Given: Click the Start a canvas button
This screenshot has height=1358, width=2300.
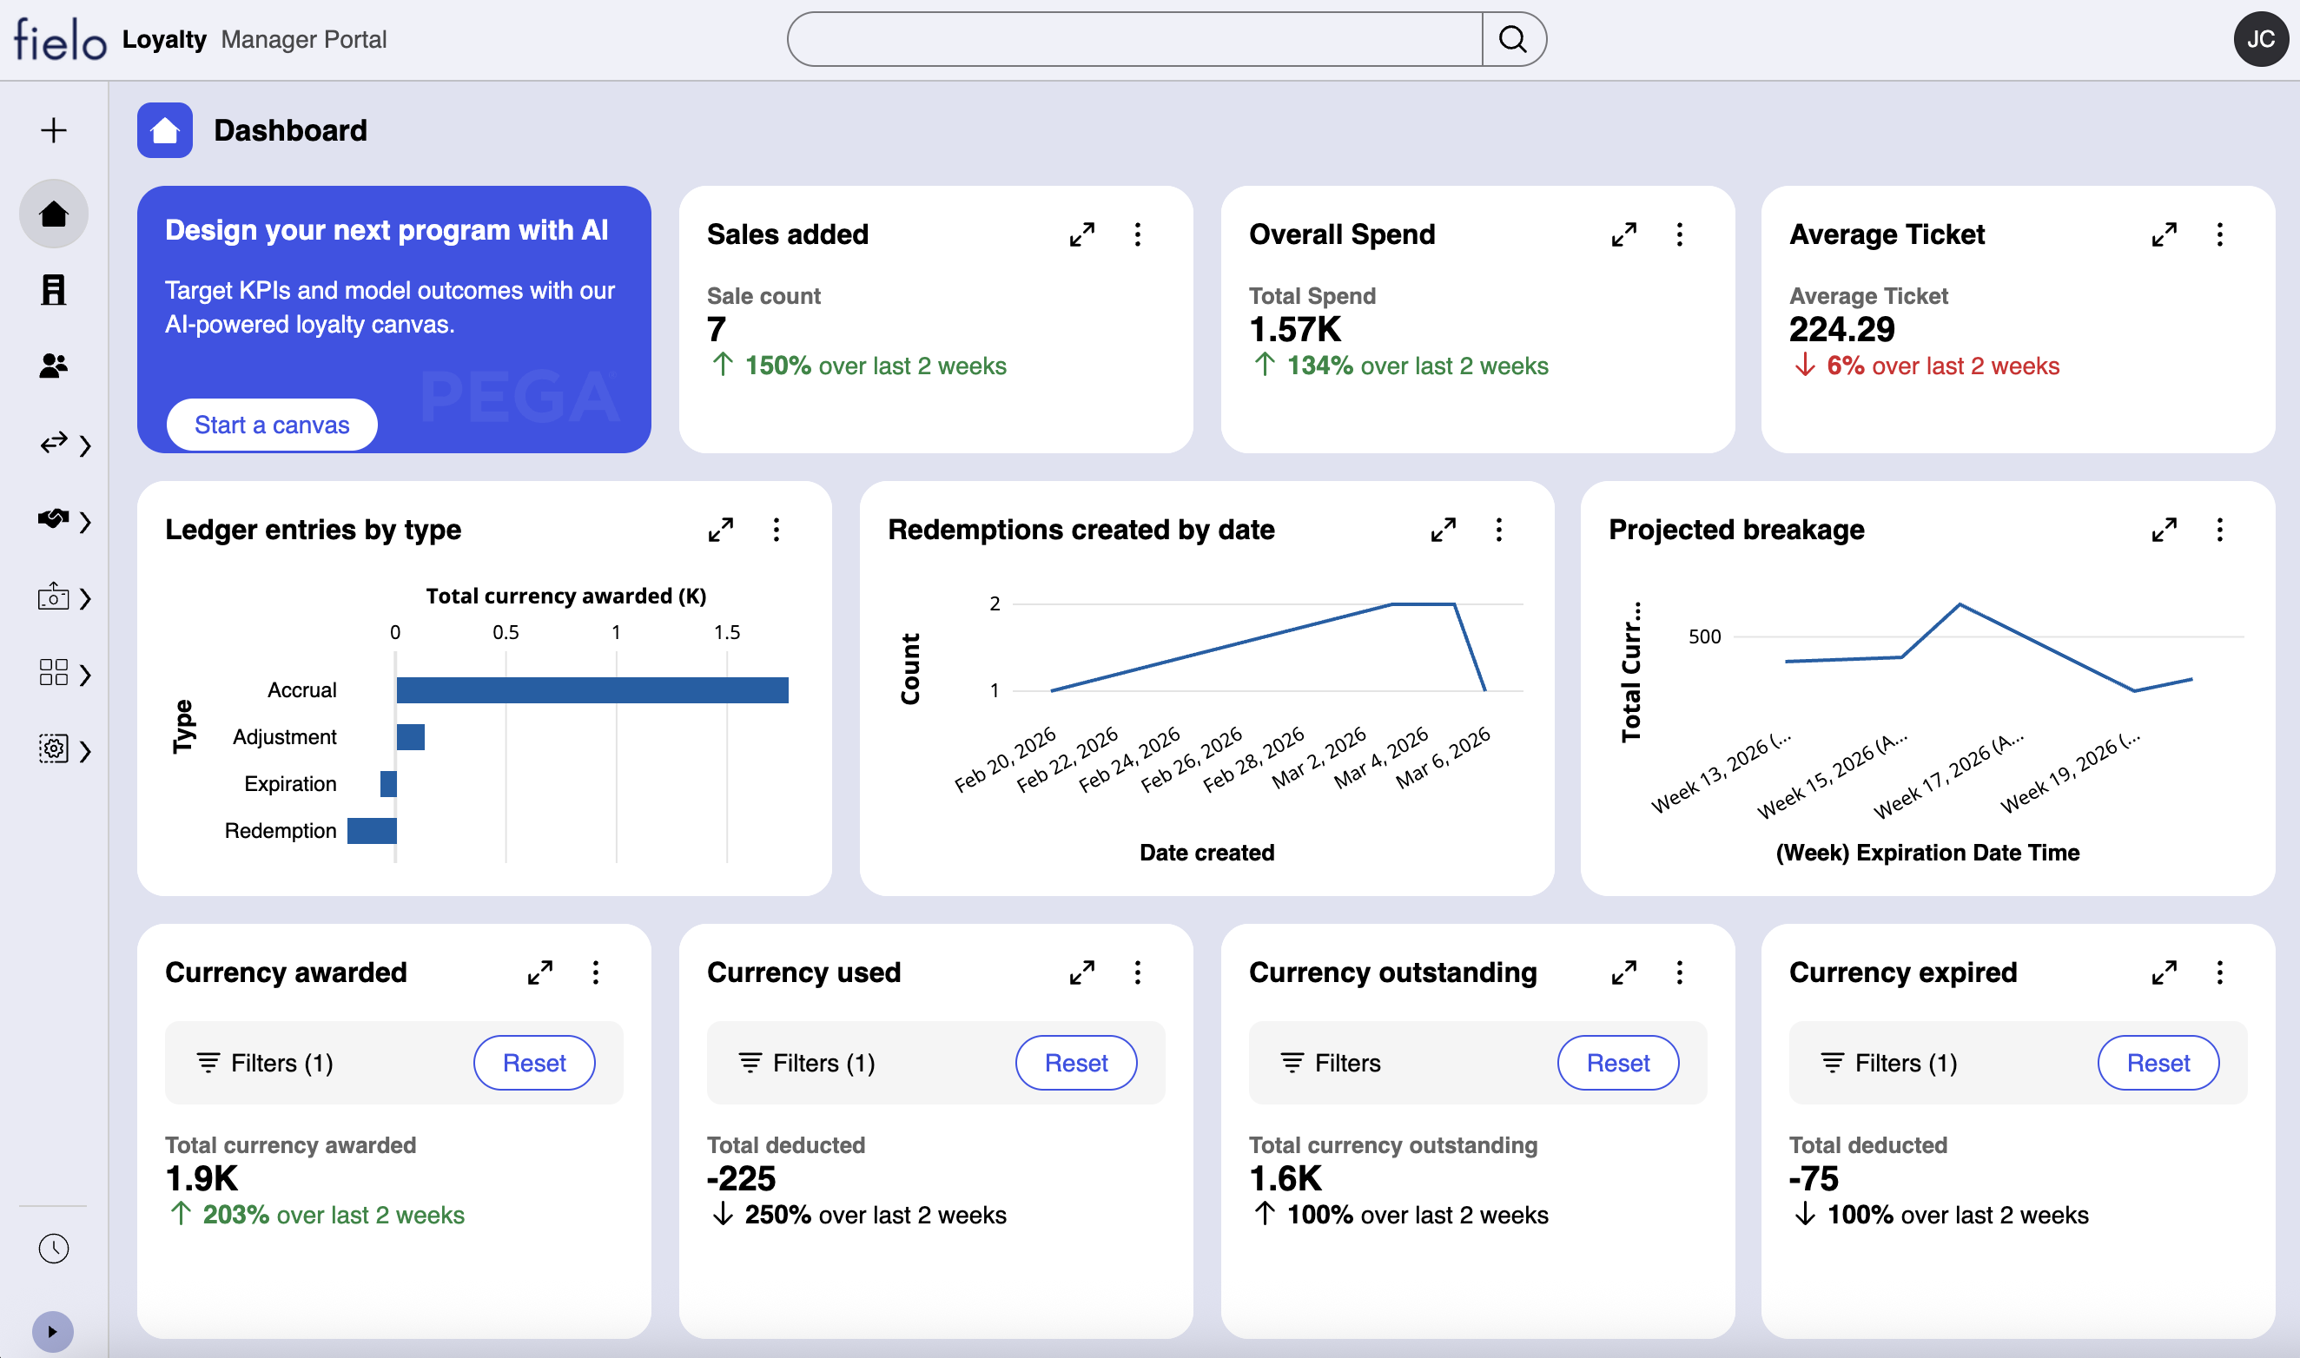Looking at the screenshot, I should coord(272,425).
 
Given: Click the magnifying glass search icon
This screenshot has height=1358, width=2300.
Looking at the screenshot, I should coord(1512,39).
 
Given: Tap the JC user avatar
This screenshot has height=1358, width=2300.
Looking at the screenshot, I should coord(2260,39).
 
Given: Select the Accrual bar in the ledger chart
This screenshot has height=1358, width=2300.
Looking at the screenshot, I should coord(592,690).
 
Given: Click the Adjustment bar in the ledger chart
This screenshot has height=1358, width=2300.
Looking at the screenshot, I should coord(411,736).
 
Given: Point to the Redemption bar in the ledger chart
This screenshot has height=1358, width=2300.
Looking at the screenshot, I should coord(372,831).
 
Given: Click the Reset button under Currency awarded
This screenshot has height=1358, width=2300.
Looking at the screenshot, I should coord(533,1063).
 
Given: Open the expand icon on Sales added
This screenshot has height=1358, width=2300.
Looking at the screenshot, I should coord(1081,235).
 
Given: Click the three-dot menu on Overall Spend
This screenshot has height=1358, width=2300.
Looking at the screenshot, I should coord(1680,235).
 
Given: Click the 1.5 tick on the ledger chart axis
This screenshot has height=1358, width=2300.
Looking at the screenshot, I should coord(727,632).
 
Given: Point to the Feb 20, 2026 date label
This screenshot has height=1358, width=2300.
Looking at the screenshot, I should coord(1005,761).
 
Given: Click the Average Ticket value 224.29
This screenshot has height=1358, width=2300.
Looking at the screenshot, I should coord(1841,329).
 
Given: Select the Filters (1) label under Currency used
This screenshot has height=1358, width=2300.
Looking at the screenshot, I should coord(823,1063).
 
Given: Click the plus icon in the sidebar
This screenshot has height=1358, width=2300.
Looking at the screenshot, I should coord(54,130).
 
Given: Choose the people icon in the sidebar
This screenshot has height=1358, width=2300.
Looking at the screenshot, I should coord(54,366).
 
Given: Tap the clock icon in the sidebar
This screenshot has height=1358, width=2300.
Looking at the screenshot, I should coord(54,1249).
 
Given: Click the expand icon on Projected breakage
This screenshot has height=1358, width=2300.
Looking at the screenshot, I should coord(2164,530).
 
